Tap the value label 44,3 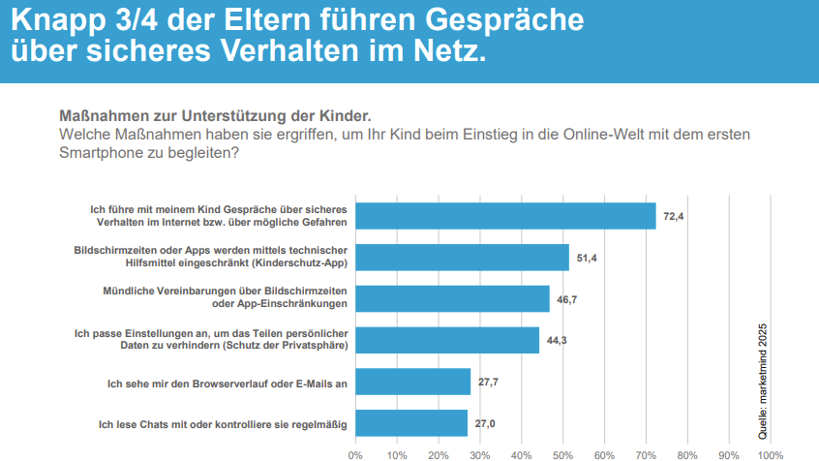click(558, 340)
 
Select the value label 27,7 click(489, 382)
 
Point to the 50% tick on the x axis click(562, 453)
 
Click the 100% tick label click(771, 453)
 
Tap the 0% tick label click(355, 453)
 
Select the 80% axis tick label click(687, 453)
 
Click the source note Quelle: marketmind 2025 click(764, 368)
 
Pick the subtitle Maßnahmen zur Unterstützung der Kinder click(216, 114)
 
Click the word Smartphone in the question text click(106, 152)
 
